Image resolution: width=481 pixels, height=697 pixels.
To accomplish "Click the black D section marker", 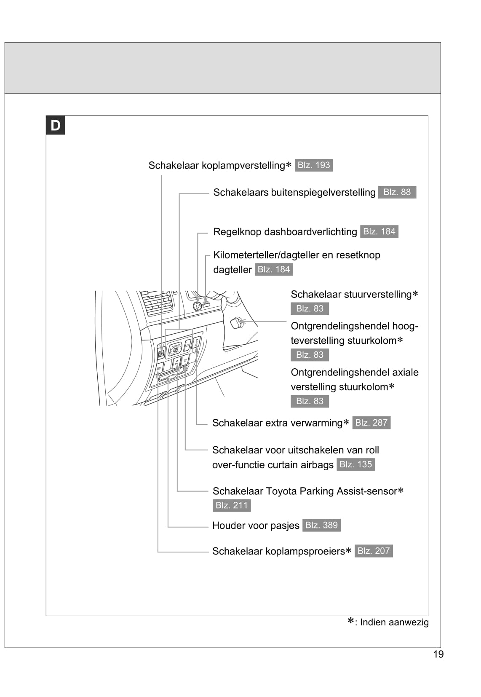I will pos(55,126).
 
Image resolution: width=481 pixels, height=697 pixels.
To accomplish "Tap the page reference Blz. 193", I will pos(314,165).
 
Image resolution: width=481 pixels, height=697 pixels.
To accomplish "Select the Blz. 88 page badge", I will pos(397,192).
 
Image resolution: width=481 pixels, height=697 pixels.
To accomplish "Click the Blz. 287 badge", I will pos(371,423).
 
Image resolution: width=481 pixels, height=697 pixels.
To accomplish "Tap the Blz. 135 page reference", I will pos(355,464).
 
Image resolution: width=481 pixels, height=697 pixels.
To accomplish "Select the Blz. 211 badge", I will pos(232,505).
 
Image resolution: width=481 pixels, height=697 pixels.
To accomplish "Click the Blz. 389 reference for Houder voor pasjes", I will pos(321,525).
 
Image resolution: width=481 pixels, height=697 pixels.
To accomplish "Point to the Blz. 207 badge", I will pos(374,551).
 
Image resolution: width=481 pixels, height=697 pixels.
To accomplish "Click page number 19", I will pos(438,654).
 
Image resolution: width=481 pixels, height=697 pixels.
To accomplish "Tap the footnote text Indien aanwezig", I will pos(394,622).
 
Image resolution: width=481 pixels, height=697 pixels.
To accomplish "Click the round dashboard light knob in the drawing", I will pos(197,306).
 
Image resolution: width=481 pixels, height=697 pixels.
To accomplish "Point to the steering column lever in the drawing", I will pos(237,323).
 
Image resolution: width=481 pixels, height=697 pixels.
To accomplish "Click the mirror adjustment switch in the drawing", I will pos(175,348).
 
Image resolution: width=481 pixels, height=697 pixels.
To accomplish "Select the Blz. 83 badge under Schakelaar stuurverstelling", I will pos(310,308).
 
